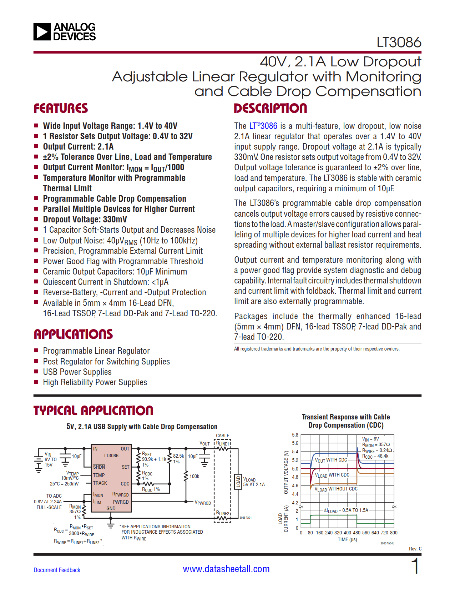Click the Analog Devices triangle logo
(42, 32)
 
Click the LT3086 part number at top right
(399, 42)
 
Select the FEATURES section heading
(61, 108)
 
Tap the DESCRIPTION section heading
(270, 108)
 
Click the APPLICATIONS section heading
(73, 334)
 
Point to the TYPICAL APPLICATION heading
(93, 411)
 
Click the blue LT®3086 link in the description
(263, 126)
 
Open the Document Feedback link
(57, 570)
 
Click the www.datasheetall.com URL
(226, 569)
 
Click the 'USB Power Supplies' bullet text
(77, 372)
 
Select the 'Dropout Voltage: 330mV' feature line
(85, 220)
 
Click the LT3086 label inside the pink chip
(111, 456)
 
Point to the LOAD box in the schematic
(238, 482)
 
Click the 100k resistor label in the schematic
(194, 476)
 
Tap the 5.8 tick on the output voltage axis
(295, 435)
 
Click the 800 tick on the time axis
(394, 533)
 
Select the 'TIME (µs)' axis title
(347, 540)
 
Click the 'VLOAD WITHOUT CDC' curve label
(336, 489)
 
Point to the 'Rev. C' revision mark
(415, 549)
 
